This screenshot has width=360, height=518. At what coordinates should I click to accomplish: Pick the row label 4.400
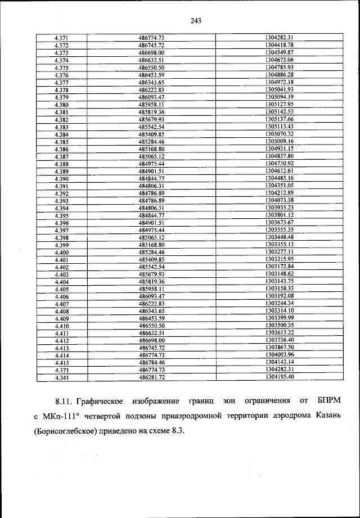pyautogui.click(x=62, y=253)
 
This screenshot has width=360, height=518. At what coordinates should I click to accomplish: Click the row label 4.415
pyautogui.click(x=62, y=363)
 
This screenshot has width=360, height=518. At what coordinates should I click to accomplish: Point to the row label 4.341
pyautogui.click(x=62, y=378)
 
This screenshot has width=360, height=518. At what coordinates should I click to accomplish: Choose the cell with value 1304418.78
pyautogui.click(x=279, y=45)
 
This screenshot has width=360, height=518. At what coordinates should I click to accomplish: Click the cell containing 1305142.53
pyautogui.click(x=279, y=112)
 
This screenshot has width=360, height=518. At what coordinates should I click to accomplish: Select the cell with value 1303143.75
pyautogui.click(x=279, y=281)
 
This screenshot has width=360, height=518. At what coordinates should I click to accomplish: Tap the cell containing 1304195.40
pyautogui.click(x=279, y=378)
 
